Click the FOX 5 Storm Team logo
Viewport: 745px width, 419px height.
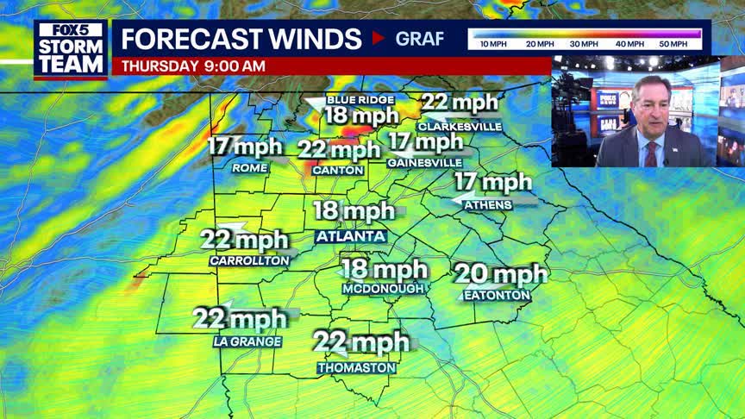[x=71, y=48]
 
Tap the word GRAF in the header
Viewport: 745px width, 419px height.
[x=420, y=39]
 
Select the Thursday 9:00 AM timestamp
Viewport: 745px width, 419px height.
[x=193, y=66]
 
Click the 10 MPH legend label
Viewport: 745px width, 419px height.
[x=493, y=43]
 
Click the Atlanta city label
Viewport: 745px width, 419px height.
[x=350, y=236]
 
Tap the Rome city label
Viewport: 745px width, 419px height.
[x=250, y=168]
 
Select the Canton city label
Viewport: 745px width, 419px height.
[x=332, y=170]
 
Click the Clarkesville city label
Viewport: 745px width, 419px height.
[x=460, y=126]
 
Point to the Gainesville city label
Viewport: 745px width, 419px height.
[x=424, y=162]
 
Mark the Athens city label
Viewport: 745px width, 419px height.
[x=488, y=204]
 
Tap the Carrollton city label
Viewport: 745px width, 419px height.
[x=248, y=260]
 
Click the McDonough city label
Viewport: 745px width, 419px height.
[x=383, y=289]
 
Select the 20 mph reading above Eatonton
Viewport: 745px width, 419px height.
[x=501, y=274]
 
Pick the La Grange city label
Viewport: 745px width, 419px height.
[x=247, y=341]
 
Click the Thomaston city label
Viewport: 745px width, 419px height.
[x=356, y=368]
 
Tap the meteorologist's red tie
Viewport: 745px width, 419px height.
[x=651, y=153]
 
